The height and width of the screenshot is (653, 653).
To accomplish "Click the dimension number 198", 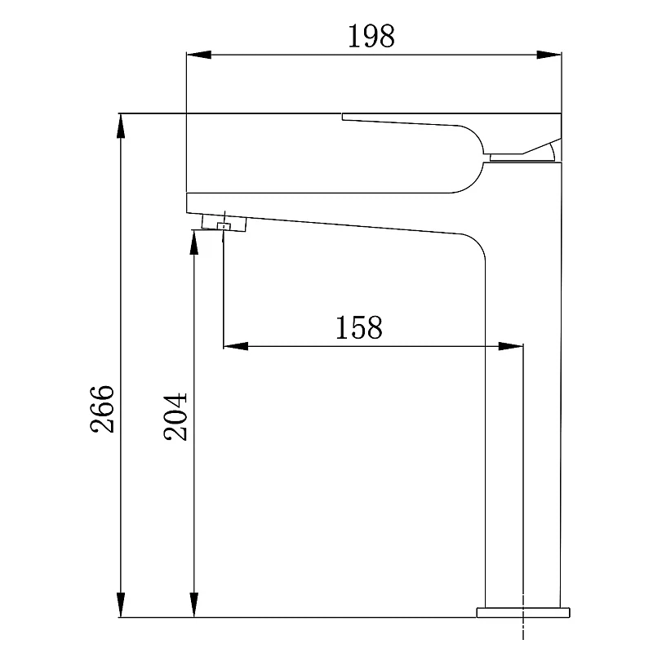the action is (x=371, y=36).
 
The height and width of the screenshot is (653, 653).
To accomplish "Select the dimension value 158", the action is (x=359, y=327).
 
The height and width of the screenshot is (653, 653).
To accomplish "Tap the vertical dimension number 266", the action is (x=103, y=409).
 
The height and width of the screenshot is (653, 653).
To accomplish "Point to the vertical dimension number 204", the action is (x=175, y=416).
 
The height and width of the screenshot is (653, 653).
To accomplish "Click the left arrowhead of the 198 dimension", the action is (x=198, y=55).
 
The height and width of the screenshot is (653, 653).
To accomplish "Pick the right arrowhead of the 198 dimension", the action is (x=549, y=55).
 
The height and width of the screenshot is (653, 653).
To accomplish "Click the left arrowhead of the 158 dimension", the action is (x=236, y=345).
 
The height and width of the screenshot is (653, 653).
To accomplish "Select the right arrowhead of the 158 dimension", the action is (x=511, y=345).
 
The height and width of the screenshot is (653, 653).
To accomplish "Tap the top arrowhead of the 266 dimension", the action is (x=121, y=126).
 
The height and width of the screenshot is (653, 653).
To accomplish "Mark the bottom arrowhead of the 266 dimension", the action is (x=121, y=605).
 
